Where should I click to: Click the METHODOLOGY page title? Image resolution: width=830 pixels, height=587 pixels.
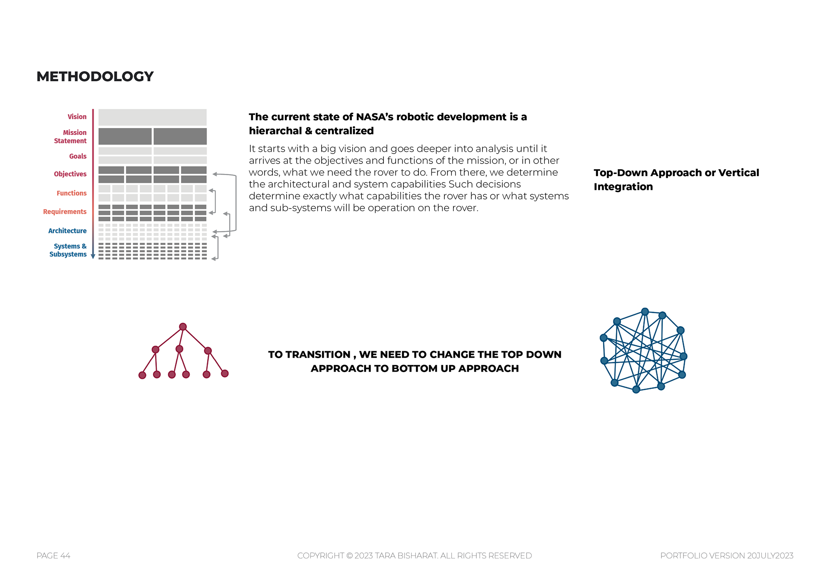[x=95, y=77]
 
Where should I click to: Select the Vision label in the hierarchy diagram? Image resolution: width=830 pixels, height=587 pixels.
[x=77, y=117]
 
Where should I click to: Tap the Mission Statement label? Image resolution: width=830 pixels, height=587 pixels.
[x=70, y=137]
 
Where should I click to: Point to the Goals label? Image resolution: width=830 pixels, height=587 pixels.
[x=78, y=156]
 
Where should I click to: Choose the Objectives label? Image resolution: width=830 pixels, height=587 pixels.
[x=70, y=174]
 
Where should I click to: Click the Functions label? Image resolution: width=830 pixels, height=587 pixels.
[x=71, y=193]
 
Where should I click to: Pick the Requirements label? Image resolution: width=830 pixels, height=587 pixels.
[x=65, y=212]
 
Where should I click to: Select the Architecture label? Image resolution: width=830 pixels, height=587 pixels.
[x=67, y=231]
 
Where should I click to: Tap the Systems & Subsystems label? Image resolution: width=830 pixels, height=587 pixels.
[x=68, y=250]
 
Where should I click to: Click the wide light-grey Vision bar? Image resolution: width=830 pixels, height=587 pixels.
[x=152, y=117]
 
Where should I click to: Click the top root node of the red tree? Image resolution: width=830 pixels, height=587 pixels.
[x=183, y=327]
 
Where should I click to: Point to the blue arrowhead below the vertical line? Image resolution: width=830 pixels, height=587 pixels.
[x=93, y=257]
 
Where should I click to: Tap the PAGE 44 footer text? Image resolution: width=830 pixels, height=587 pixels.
[x=53, y=555]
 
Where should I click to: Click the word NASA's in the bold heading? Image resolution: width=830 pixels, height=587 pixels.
[x=374, y=117]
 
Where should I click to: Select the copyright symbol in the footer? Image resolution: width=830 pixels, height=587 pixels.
[x=349, y=555]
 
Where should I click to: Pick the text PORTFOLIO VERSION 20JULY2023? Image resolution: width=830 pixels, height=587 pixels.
[x=727, y=555]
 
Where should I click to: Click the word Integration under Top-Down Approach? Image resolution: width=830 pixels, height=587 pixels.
[x=623, y=186]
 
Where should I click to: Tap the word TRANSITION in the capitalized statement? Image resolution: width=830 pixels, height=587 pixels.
[x=318, y=354]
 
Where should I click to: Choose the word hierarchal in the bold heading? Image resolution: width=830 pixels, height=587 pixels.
[x=275, y=131]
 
